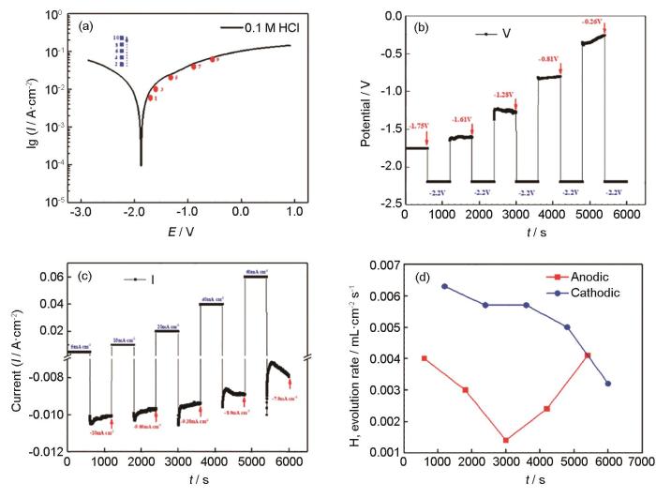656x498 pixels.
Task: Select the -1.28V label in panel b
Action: click(x=506, y=95)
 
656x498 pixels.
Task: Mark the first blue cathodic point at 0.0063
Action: click(x=444, y=286)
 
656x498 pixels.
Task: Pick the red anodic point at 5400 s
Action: click(x=588, y=355)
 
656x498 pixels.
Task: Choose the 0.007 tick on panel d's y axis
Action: click(x=385, y=265)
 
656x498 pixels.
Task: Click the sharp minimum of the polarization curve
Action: click(x=142, y=165)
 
